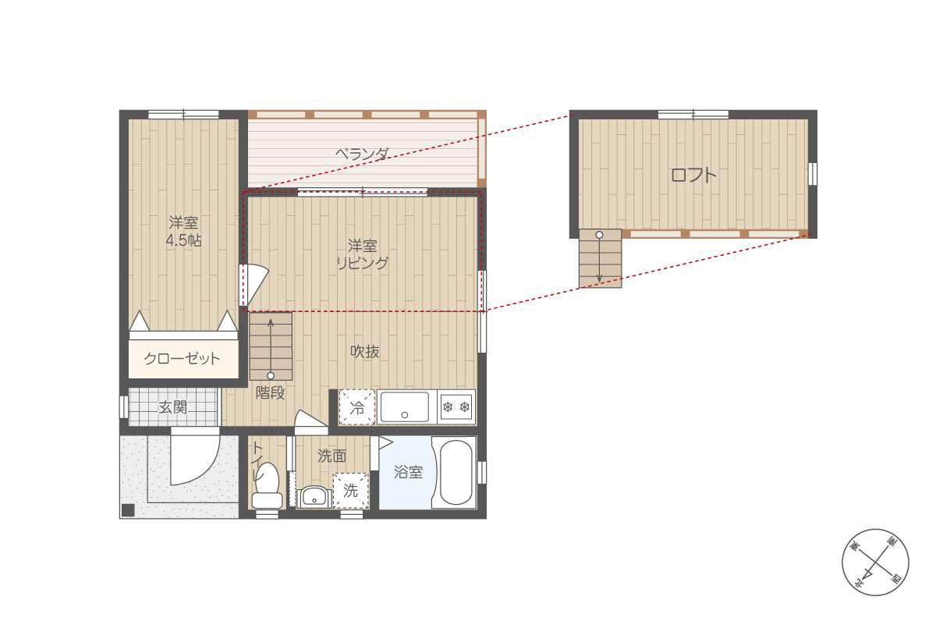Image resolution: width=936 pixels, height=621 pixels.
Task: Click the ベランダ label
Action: (362, 154)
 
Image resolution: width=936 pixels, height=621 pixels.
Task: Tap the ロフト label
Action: (693, 175)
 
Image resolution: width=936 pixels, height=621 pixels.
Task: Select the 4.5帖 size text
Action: (183, 240)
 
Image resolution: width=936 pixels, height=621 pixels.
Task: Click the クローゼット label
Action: (182, 359)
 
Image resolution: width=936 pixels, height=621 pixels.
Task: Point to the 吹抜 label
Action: (365, 352)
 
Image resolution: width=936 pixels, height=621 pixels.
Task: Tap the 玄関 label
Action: (172, 407)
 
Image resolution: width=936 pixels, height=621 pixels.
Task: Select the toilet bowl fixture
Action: (267, 487)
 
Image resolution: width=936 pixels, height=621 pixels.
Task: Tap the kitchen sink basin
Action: (405, 406)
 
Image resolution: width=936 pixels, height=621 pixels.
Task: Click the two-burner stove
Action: (456, 407)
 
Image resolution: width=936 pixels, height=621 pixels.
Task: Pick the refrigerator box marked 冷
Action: (357, 407)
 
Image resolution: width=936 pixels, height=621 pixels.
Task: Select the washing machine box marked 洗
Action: (350, 491)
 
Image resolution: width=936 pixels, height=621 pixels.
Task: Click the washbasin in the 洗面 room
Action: (314, 497)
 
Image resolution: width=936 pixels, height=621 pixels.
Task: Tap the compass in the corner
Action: (875, 562)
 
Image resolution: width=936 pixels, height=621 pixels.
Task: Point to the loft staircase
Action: (600, 258)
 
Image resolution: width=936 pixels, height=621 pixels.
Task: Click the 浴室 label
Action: (408, 472)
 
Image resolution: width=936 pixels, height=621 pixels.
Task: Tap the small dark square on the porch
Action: (128, 510)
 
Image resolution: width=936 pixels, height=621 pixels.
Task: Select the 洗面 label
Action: (331, 456)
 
